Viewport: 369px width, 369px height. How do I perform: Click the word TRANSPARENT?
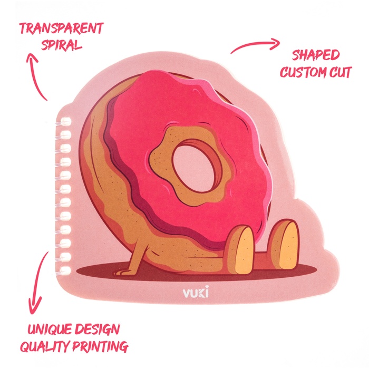61,28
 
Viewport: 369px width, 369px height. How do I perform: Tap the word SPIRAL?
62,44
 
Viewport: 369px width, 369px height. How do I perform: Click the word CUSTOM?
304,72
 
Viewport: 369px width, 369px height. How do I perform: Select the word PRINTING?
101,347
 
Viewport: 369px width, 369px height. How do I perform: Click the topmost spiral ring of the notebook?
66,121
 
